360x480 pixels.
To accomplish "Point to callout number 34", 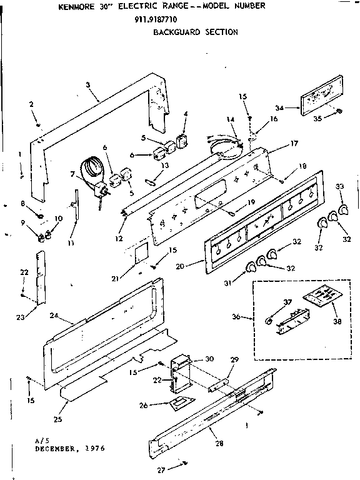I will point(279,108).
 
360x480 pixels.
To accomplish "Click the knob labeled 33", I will point(342,208).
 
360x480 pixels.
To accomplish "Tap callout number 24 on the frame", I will point(54,316).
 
